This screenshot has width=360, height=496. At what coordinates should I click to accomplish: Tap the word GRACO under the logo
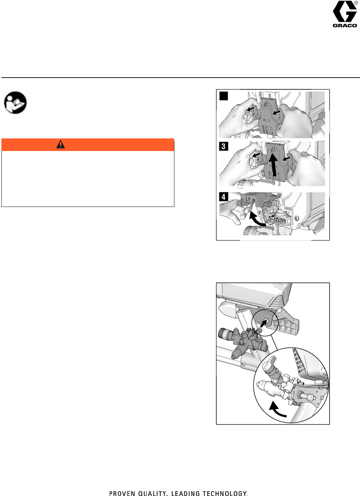click(345, 26)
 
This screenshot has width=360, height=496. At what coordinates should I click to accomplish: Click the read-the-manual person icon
click(15, 103)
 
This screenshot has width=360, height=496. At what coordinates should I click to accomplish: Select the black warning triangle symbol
click(60, 144)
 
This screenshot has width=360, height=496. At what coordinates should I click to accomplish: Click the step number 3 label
click(223, 146)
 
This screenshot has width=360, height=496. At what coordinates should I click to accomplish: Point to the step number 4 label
click(223, 197)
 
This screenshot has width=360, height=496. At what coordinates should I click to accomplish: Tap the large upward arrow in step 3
click(274, 165)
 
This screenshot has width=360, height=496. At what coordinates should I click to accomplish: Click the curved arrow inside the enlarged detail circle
click(276, 411)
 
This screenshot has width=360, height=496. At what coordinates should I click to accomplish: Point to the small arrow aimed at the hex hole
click(263, 324)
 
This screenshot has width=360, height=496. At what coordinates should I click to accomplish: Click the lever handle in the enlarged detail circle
click(268, 364)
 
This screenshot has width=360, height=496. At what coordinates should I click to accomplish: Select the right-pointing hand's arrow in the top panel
click(276, 113)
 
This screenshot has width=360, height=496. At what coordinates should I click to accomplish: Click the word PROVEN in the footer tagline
click(122, 493)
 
